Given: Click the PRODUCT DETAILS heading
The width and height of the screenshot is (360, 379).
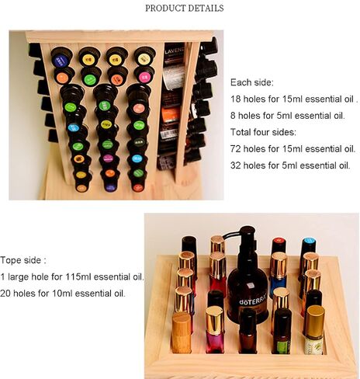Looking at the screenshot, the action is click(185, 9).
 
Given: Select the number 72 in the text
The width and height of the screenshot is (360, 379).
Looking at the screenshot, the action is click(236, 149).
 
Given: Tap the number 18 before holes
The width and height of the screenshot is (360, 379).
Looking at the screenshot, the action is click(236, 99).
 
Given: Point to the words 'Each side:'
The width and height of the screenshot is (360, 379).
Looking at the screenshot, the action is click(252, 82).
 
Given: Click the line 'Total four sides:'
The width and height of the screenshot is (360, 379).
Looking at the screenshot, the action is click(263, 132).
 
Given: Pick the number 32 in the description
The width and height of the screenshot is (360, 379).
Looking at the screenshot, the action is click(236, 165).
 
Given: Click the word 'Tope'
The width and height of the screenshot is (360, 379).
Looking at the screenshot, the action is click(11, 260).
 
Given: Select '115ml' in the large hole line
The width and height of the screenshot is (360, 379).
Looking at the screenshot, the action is click(78, 276).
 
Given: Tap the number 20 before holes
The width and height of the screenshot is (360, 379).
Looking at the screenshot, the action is click(5, 294).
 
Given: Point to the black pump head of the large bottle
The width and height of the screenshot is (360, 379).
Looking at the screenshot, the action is click(246, 231).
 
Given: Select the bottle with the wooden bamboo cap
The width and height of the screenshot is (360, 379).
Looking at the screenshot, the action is click(182, 332).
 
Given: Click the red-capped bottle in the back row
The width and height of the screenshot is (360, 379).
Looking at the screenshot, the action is click(279, 245).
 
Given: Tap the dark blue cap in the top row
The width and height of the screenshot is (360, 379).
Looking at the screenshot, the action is click(61, 61).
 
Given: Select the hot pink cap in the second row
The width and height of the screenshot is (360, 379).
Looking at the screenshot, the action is click(145, 77).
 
